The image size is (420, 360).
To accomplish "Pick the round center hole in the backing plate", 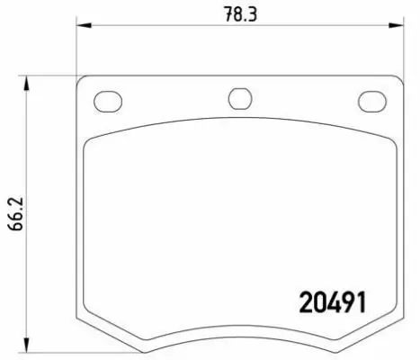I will point(238,98).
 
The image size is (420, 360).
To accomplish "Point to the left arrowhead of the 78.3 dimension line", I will point(81,27).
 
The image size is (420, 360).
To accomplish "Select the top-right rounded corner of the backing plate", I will point(395,79).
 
